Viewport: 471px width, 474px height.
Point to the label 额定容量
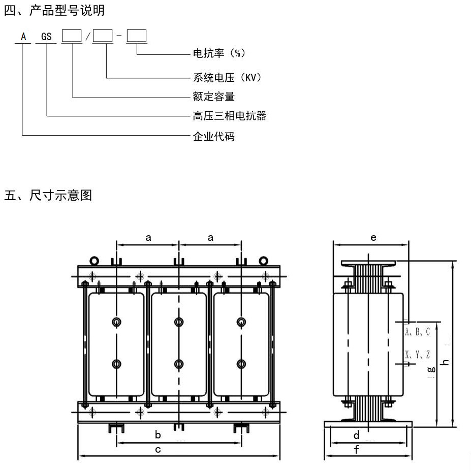[213, 97]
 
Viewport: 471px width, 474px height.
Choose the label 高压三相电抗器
[229, 116]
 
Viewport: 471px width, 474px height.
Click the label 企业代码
[213, 136]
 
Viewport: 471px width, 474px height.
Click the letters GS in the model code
[47, 37]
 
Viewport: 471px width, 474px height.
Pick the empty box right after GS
[71, 36]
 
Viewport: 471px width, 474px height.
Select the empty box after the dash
[136, 36]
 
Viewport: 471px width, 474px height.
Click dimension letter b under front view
[158, 435]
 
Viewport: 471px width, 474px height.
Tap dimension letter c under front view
[158, 449]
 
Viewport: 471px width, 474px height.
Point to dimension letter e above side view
[373, 237]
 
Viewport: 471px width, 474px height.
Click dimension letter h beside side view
[446, 362]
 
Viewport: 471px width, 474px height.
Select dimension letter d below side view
[357, 435]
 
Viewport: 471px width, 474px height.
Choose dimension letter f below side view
[357, 449]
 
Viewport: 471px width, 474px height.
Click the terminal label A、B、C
[418, 332]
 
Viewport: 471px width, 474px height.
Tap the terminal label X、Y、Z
[418, 354]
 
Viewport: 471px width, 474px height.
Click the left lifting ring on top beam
[95, 261]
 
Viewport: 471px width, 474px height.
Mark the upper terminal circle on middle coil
[179, 322]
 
